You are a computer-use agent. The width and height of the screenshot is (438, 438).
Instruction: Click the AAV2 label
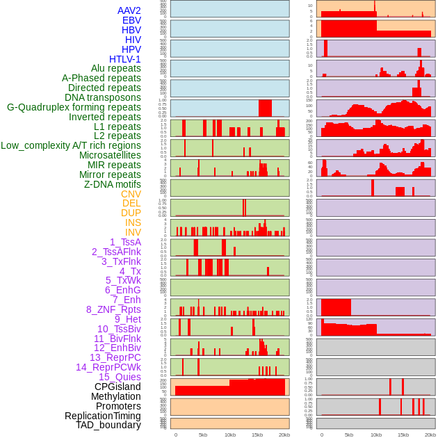(x=129, y=10)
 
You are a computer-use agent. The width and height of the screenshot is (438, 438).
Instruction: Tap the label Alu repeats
(x=115, y=68)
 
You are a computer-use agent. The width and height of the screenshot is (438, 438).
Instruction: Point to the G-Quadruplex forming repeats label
(x=74, y=107)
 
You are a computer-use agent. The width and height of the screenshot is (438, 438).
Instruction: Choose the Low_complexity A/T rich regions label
(x=70, y=145)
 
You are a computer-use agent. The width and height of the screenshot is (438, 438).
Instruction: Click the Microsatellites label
(x=110, y=155)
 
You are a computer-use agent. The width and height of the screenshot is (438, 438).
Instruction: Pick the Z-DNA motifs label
(x=112, y=184)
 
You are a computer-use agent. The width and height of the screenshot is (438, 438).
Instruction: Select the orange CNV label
(x=131, y=194)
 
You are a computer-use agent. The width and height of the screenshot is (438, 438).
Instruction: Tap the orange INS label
(x=133, y=222)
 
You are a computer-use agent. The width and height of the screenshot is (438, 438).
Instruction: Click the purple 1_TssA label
(x=125, y=242)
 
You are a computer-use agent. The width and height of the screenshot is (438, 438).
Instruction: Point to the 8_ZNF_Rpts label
(x=113, y=309)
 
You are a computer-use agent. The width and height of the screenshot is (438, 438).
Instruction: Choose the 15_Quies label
(x=119, y=377)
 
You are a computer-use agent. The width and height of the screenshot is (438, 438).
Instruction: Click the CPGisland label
(x=117, y=387)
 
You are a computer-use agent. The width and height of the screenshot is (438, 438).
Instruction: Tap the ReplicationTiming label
(x=102, y=416)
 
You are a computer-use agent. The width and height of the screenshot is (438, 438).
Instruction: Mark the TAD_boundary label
(x=108, y=425)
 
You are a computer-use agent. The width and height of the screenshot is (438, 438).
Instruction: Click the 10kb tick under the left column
(x=230, y=435)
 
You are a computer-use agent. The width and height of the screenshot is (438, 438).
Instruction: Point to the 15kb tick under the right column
(x=403, y=435)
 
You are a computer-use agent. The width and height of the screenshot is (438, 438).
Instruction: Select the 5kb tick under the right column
(x=349, y=435)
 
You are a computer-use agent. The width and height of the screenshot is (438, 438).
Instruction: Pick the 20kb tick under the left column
(x=284, y=435)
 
